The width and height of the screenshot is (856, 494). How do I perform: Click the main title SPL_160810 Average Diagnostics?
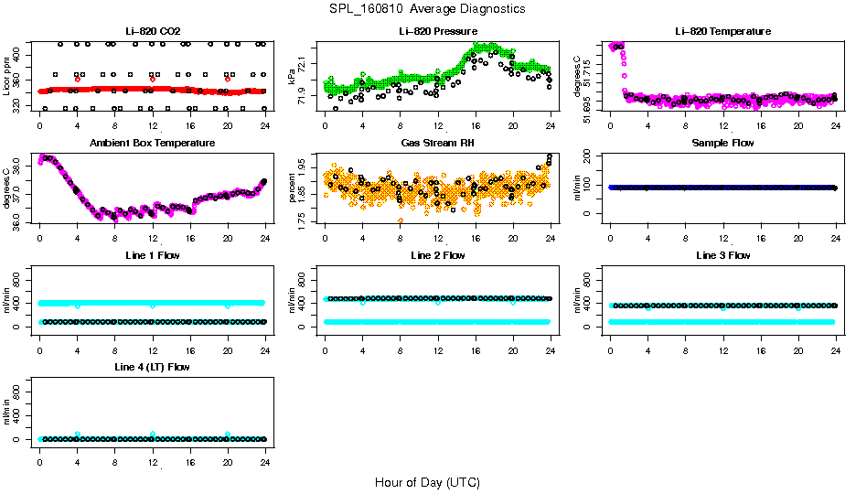click(428, 8)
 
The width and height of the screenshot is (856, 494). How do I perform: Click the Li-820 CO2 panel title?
click(152, 32)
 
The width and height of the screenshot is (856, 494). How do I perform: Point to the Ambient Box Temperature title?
click(152, 144)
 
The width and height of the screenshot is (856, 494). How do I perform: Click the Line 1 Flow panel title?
click(152, 255)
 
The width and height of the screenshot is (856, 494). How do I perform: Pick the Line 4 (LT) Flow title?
click(152, 367)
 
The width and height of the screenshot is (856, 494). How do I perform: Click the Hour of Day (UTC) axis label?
click(427, 482)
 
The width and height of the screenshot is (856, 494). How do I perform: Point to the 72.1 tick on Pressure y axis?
click(304, 62)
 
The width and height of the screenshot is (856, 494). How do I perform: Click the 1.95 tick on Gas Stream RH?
click(304, 170)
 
